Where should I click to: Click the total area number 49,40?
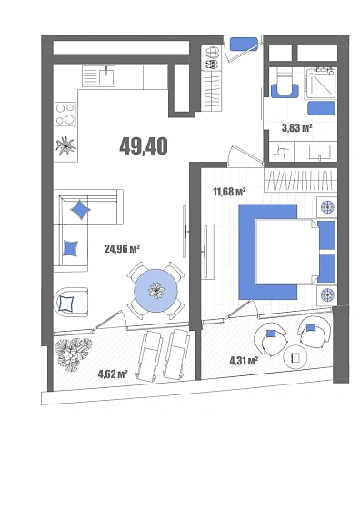click(144, 145)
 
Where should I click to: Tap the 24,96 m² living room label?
click(122, 249)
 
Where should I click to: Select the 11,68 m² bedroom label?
click(229, 192)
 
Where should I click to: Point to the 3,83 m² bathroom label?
click(297, 128)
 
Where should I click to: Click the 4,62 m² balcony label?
click(113, 374)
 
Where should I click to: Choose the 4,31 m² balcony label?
click(244, 360)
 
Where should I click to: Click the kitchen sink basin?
click(106, 75)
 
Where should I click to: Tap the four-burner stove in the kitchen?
click(65, 114)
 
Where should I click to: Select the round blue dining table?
click(156, 291)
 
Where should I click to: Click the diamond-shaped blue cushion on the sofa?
click(80, 210)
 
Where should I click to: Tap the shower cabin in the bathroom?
click(320, 84)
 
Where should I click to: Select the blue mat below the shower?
click(321, 108)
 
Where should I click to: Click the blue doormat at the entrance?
click(244, 45)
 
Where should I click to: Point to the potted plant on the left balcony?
click(73, 354)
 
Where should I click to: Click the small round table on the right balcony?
click(295, 357)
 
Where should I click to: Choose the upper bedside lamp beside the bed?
click(327, 207)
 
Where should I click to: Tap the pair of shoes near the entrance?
click(212, 58)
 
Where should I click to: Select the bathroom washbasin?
click(320, 153)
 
